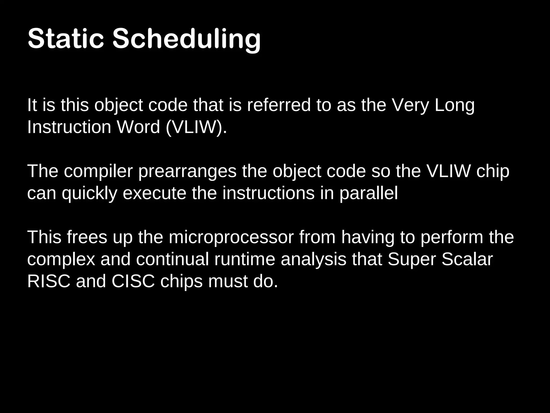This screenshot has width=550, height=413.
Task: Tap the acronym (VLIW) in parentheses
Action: coord(196,127)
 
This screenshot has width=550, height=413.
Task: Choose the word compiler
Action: coord(98,172)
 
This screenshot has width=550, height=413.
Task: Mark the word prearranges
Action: coord(187,172)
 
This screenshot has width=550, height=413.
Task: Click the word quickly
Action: coord(90,194)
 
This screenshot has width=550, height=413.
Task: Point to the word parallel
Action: coord(368,194)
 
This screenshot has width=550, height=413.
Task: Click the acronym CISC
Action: coord(133,281)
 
